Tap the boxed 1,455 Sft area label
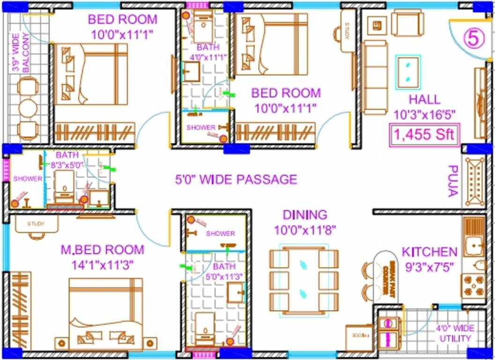[x=424, y=135]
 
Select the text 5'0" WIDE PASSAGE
[x=236, y=180]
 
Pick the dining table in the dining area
[x=303, y=280]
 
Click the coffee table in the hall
[x=408, y=72]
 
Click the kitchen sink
[x=474, y=244]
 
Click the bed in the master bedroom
[x=106, y=314]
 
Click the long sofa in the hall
[x=375, y=77]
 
